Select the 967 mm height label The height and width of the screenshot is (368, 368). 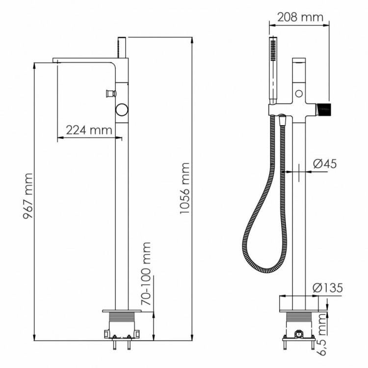27,197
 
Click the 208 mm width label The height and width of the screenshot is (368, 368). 300,18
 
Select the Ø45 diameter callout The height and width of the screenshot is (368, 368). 324,164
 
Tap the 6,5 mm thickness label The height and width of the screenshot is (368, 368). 321,334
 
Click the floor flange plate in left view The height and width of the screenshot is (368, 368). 124,311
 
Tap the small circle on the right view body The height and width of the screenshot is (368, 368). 299,93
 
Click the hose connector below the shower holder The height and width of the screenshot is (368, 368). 282,119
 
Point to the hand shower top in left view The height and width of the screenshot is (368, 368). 123,44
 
